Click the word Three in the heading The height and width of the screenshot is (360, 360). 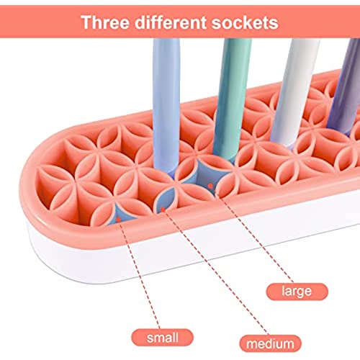pyautogui.click(x=105, y=22)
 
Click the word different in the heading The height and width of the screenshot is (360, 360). pyautogui.click(x=171, y=22)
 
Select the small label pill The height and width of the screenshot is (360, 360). pyautogui.click(x=163, y=338)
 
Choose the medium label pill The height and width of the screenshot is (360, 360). pyautogui.click(x=270, y=343)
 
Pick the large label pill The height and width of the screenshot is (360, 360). pyautogui.click(x=297, y=292)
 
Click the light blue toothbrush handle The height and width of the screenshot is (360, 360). pyautogui.click(x=166, y=106)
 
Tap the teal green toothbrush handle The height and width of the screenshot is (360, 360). pyautogui.click(x=232, y=99)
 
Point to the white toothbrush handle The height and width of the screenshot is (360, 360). pyautogui.click(x=295, y=92)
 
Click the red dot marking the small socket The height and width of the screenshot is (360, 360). pyautogui.click(x=118, y=219)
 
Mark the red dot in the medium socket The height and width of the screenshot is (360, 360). pyautogui.click(x=163, y=210)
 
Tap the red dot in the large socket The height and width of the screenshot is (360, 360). pyautogui.click(x=210, y=186)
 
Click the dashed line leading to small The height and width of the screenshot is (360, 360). pyautogui.click(x=139, y=274)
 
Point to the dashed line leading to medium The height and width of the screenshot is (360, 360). pyautogui.click(x=215, y=272)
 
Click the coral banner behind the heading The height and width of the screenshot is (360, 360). pyautogui.click(x=180, y=22)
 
